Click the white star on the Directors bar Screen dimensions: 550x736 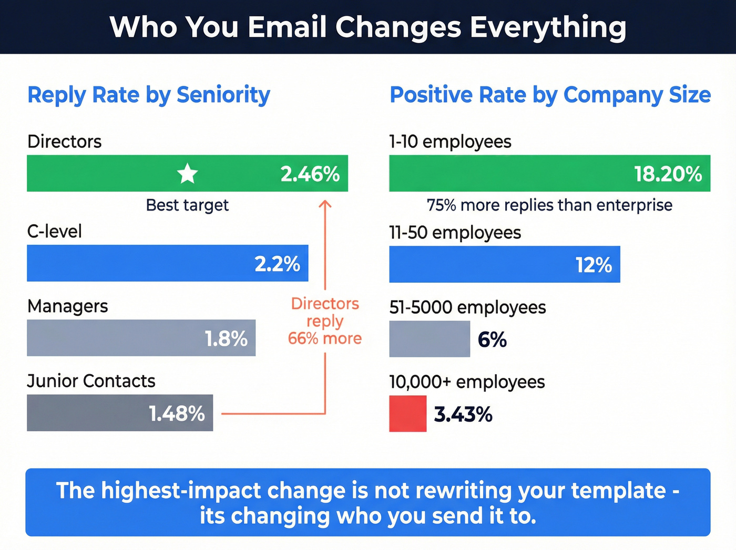[x=187, y=174]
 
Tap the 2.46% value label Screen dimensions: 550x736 [x=310, y=174]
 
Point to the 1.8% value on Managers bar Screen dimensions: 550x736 [x=226, y=339]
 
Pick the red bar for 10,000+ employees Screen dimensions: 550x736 [x=407, y=414]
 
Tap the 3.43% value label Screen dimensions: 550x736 [x=463, y=415]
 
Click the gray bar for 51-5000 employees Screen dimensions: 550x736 [x=429, y=339]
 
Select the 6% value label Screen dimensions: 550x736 [x=492, y=340]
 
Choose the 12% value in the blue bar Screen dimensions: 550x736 [x=594, y=265]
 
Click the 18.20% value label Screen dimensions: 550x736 [x=668, y=174]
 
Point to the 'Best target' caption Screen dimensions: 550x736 [x=187, y=205]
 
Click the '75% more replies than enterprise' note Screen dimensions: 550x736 [x=549, y=205]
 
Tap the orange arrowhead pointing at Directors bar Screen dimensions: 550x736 [x=325, y=205]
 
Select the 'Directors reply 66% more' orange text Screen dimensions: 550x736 [x=325, y=321]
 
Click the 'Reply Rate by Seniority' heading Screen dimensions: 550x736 [x=149, y=95]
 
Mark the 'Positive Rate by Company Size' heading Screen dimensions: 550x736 [x=550, y=95]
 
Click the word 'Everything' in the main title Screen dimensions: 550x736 [x=547, y=27]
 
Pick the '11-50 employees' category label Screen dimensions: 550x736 [x=455, y=233]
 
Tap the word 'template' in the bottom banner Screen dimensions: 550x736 [x=618, y=491]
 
